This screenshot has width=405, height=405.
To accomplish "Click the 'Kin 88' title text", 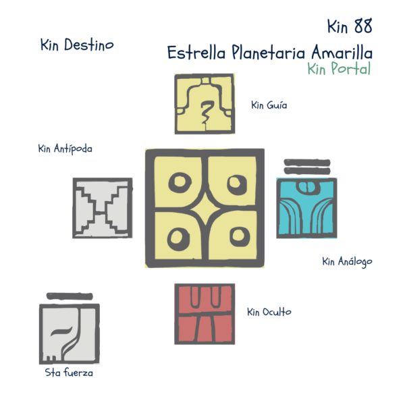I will click(348, 27).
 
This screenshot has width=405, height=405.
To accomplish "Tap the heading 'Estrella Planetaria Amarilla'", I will click(269, 52).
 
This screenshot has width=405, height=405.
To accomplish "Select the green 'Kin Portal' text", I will click(338, 69).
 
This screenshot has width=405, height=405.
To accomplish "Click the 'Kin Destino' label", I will click(76, 45).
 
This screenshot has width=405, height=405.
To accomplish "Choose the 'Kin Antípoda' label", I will click(65, 149).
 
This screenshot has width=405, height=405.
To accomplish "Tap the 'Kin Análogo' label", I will click(347, 261).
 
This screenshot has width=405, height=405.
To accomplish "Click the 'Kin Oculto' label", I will click(269, 313).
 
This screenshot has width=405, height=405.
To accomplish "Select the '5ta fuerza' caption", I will click(69, 373).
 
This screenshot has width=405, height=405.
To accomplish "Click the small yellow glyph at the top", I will click(205, 104).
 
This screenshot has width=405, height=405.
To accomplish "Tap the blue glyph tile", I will click(306, 208).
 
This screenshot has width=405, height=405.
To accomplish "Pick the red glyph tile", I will click(205, 314).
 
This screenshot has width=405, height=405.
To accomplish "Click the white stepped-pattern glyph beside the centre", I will click(102, 208).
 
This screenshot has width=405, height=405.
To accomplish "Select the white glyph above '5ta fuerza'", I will click(69, 333).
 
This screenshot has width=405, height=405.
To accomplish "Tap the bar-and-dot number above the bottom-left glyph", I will click(69, 296).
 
